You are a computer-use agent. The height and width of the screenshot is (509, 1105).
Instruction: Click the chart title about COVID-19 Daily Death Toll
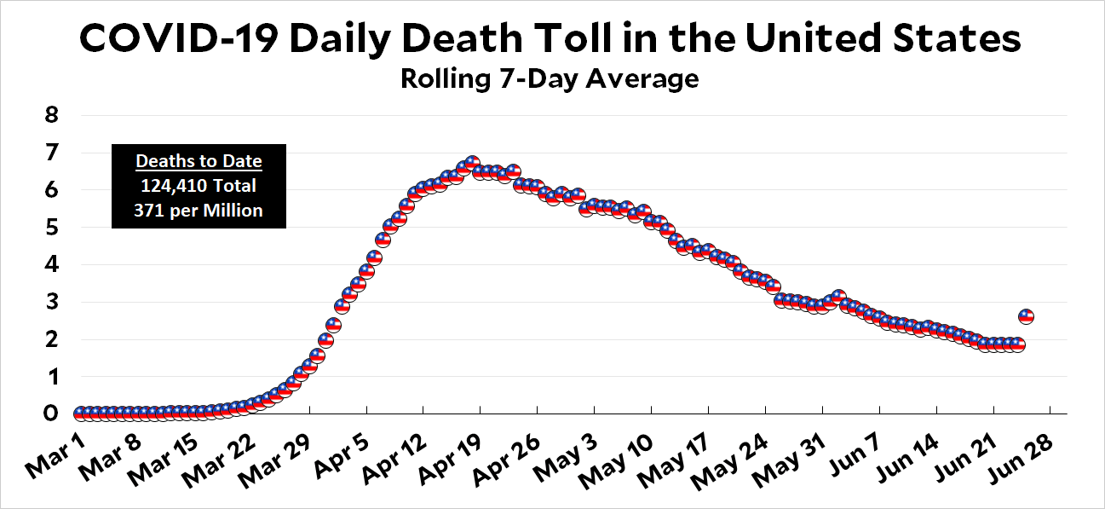pos(550,39)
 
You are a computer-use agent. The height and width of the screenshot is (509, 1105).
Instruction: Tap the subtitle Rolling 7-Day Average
pos(550,79)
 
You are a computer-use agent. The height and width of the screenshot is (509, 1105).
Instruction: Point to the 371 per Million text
pos(199,210)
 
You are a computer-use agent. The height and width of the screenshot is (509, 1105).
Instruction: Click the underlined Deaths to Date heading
pos(199,161)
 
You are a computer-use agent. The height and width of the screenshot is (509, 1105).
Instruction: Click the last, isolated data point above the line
pos(1027,316)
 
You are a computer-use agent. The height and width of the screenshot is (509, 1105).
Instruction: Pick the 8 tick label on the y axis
pos(51,116)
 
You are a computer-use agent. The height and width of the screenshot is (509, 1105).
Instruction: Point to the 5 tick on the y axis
pos(51,228)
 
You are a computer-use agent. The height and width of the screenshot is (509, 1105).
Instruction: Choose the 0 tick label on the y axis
pos(51,414)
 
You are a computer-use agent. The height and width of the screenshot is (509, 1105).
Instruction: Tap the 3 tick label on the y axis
pos(51,302)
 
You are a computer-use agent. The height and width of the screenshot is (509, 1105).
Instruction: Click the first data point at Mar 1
pos(80,414)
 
